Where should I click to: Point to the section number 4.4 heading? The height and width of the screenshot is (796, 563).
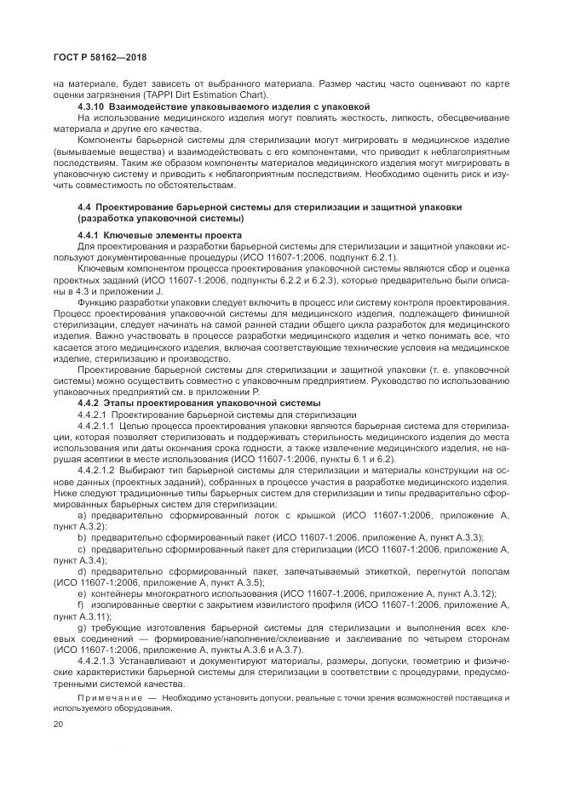pos(85,207)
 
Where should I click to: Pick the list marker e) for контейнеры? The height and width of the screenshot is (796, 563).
pos(82,592)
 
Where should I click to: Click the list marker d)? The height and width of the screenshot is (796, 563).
pos(82,570)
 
